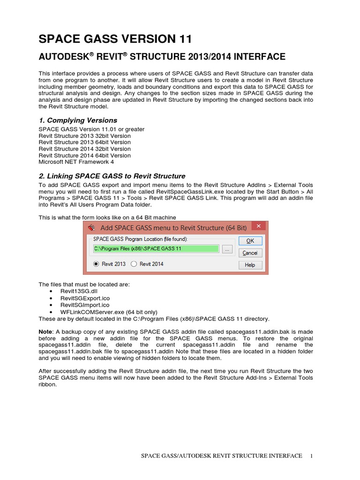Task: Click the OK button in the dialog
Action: click(x=250, y=240)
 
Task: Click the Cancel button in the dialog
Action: click(x=250, y=253)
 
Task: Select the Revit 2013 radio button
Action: click(x=97, y=264)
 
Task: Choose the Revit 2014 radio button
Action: click(x=134, y=264)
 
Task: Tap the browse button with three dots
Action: click(x=227, y=249)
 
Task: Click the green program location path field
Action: click(x=156, y=249)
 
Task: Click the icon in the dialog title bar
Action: click(x=92, y=228)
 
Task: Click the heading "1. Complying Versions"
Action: click(x=77, y=120)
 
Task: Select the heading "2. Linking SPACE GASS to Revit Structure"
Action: click(x=112, y=176)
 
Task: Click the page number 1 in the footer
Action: click(x=312, y=456)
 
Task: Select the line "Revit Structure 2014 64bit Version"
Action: click(x=84, y=155)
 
